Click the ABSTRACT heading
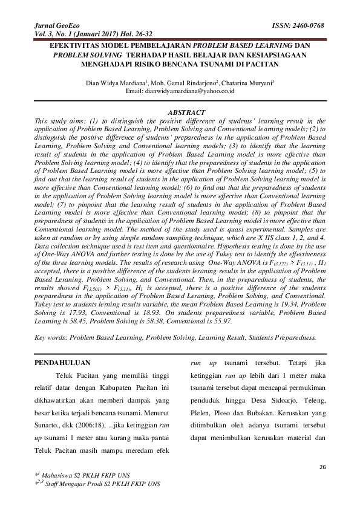click(185, 113)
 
